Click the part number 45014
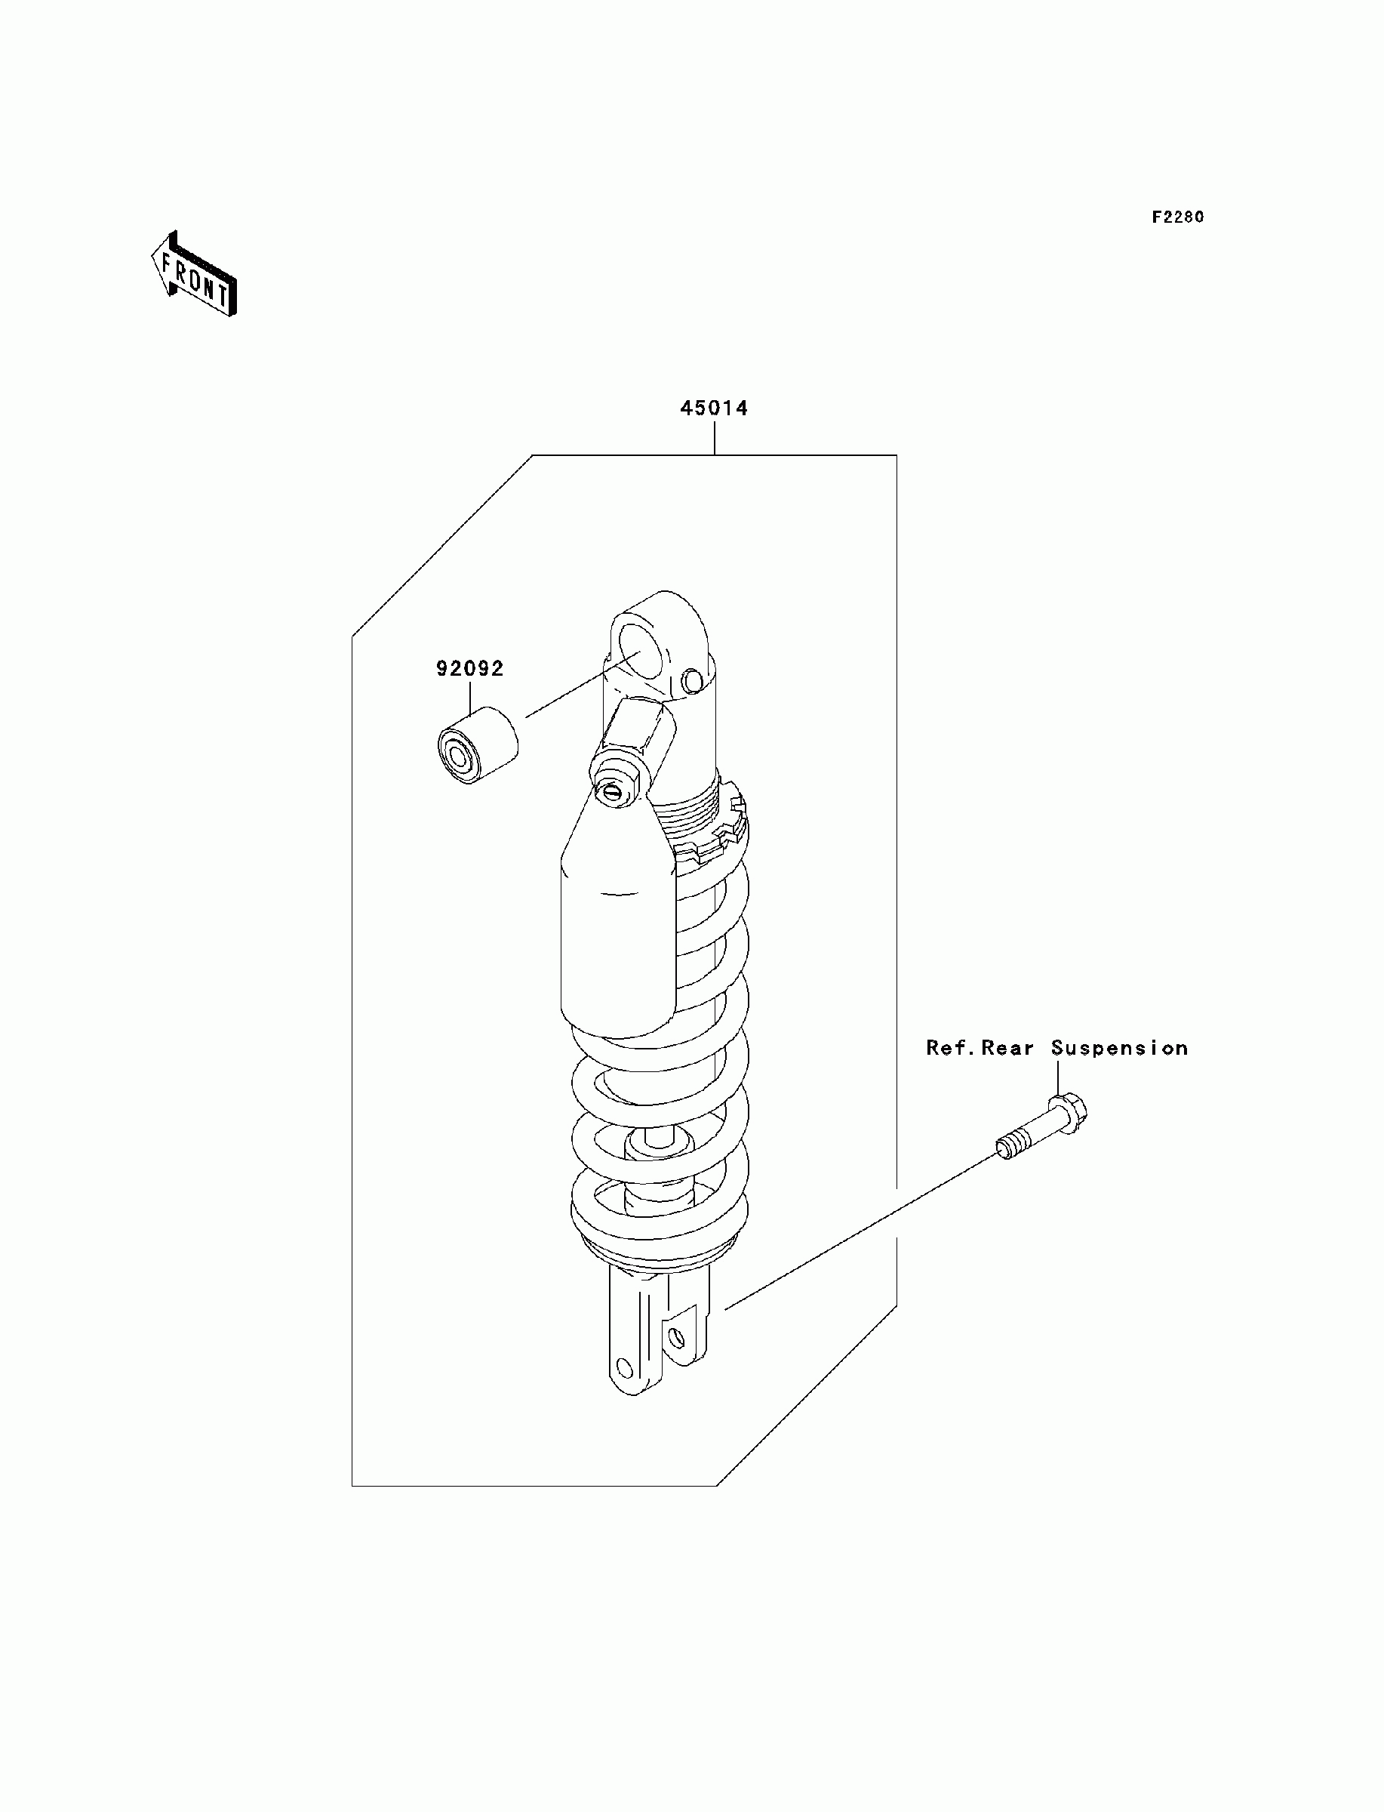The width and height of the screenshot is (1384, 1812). [713, 408]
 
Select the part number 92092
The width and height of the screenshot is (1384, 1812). [469, 668]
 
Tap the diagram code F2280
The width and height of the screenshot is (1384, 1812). [1177, 217]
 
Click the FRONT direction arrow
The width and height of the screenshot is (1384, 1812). [195, 274]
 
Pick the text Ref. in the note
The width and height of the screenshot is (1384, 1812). [952, 1048]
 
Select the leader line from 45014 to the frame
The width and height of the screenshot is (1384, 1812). [714, 438]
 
